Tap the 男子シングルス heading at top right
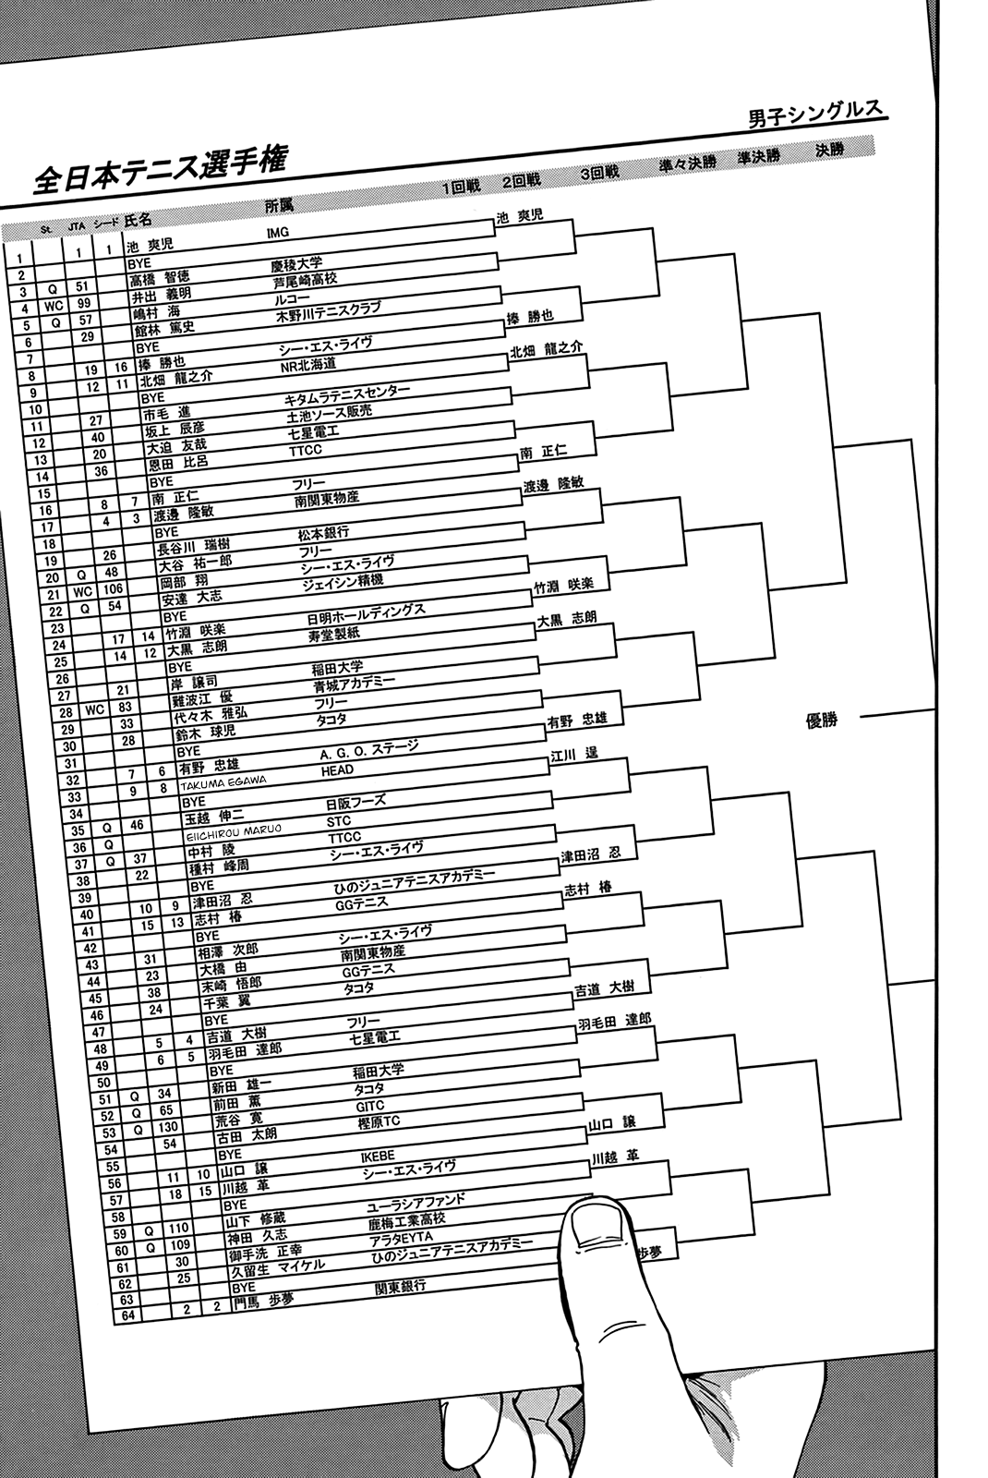(x=815, y=115)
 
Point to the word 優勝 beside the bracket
(x=822, y=720)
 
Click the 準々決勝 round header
(x=687, y=163)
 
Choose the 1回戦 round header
(x=461, y=187)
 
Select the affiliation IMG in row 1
(x=278, y=233)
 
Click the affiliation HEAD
(x=337, y=770)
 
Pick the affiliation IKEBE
(x=378, y=1156)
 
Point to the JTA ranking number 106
(x=113, y=588)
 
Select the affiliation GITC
(x=369, y=1105)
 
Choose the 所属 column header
(x=279, y=206)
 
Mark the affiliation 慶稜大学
(x=296, y=264)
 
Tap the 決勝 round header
(x=830, y=151)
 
